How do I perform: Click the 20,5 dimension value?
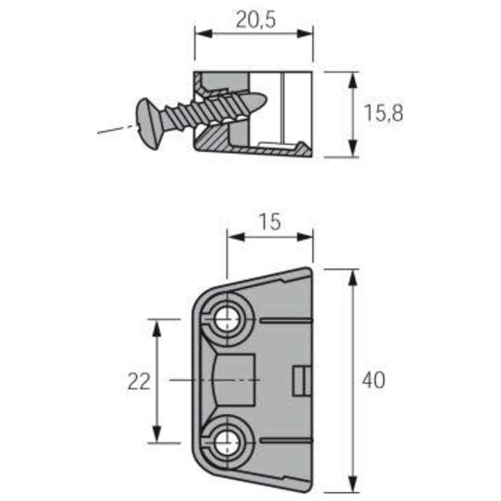pos(256,20)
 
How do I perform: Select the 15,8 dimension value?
pos(383,113)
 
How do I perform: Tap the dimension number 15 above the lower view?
pos(270,222)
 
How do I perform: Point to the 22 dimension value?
pos(139,381)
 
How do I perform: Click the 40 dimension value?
pos(374,380)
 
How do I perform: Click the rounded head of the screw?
pos(149,124)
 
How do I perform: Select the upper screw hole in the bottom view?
pos(226,319)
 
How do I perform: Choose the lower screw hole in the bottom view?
pos(226,442)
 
